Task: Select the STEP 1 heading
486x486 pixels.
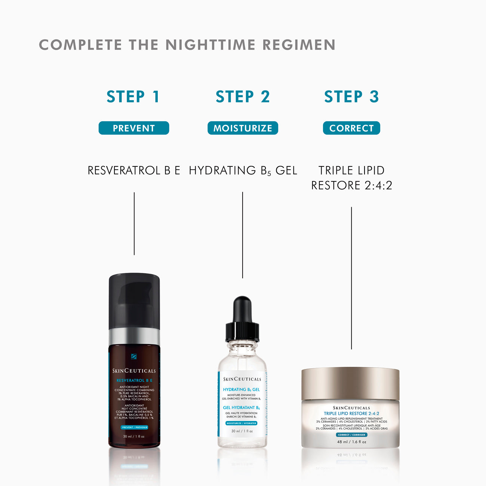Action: (133, 96)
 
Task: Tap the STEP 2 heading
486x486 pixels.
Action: (243, 96)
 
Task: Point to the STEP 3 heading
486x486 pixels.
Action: (351, 96)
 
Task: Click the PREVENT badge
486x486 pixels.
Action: (134, 128)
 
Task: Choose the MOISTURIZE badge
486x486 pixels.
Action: (243, 128)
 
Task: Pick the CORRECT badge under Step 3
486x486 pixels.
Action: (351, 128)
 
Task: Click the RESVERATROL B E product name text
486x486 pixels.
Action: (134, 170)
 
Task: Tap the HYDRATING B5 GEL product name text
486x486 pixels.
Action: (243, 170)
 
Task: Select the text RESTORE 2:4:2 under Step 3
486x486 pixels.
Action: (351, 185)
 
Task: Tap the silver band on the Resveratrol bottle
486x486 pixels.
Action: (134, 336)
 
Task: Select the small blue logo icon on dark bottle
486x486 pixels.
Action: (134, 357)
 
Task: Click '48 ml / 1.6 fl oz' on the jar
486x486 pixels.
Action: (352, 442)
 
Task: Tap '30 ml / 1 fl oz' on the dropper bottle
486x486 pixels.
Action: (242, 431)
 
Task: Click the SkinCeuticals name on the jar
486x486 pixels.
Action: (351, 408)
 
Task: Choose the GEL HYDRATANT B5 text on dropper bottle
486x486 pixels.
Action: (241, 407)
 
